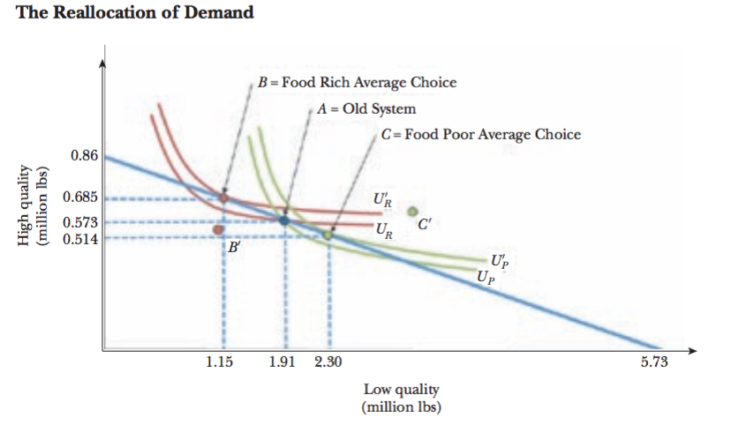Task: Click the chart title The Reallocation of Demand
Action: pyautogui.click(x=135, y=12)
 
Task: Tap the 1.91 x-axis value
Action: pyautogui.click(x=283, y=364)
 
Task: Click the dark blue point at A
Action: pyautogui.click(x=284, y=220)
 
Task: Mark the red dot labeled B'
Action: pyautogui.click(x=218, y=230)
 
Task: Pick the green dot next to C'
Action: pyautogui.click(x=411, y=212)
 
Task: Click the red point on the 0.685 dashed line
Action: pyautogui.click(x=223, y=198)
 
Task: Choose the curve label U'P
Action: pyautogui.click(x=498, y=262)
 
